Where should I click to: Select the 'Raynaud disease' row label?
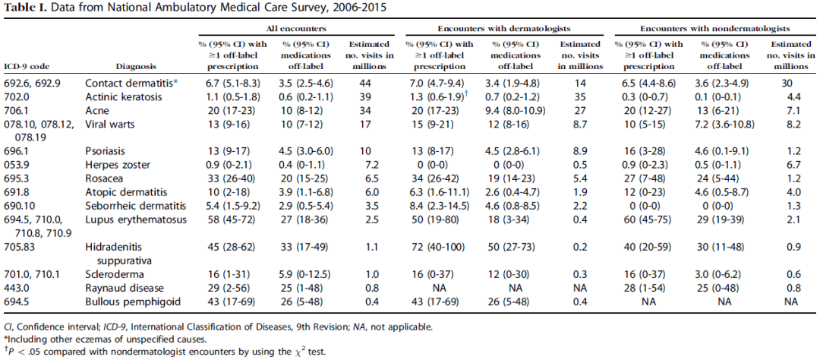tap(118, 289)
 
